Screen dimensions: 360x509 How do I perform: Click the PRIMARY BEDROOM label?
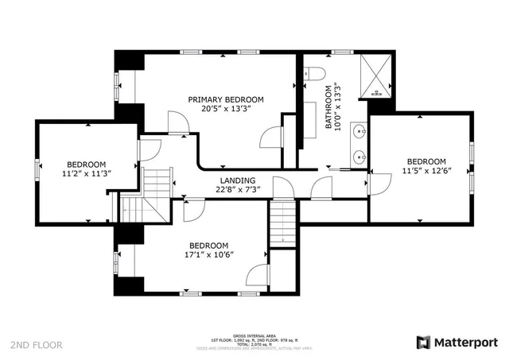(225, 99)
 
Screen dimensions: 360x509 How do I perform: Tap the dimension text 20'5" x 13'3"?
(225, 110)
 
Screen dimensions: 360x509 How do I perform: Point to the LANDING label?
(237, 180)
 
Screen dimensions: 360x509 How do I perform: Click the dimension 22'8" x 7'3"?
(237, 190)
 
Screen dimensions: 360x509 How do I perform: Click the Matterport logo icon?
(424, 343)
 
